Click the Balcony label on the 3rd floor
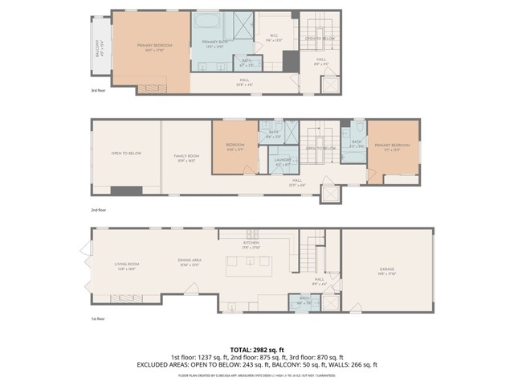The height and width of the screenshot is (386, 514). pos(100,46)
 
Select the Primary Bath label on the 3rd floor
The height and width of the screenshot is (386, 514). pos(214,43)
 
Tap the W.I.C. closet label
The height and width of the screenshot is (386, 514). pos(274,38)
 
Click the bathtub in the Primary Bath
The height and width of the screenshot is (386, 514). pos(206,21)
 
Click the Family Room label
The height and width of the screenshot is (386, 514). pos(186,158)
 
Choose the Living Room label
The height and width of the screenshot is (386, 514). pos(127,266)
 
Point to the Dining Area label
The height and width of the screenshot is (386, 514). pos(190,261)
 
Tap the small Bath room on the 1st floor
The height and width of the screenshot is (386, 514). pos(304,300)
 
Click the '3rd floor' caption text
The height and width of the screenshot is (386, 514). pos(98,91)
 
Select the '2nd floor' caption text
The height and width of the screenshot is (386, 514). pos(98,210)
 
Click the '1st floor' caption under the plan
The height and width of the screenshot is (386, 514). pos(98,318)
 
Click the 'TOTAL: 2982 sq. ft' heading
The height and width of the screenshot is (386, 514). pos(257,349)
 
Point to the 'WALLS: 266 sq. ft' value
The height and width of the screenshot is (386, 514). pos(353,364)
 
